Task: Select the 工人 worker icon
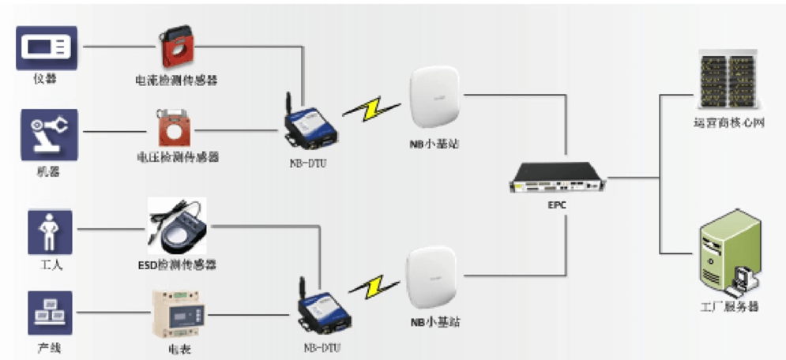(x=50, y=231)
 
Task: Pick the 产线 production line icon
(x=50, y=313)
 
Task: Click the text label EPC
(x=557, y=206)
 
